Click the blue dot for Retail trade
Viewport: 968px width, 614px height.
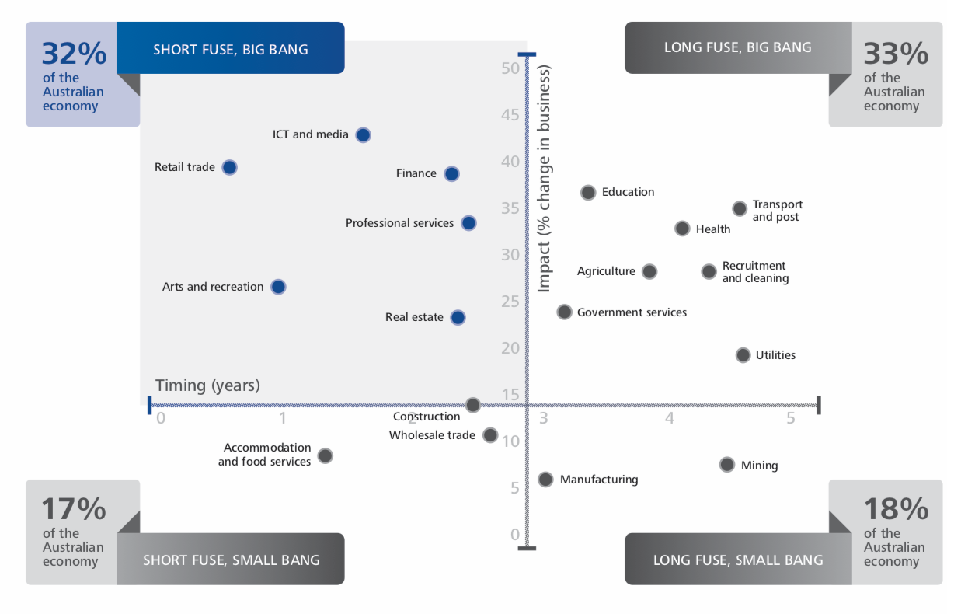coord(229,167)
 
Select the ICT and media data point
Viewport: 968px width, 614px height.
coord(363,134)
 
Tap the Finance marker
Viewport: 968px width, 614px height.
coord(451,173)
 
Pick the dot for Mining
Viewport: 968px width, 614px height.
coord(727,465)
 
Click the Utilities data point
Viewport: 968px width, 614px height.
coord(743,355)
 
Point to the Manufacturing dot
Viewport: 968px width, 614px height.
coord(545,480)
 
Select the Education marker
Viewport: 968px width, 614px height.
coord(588,192)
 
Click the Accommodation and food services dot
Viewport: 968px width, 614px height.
coord(326,455)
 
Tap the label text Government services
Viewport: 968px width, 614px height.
coord(632,312)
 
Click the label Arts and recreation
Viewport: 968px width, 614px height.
coord(213,287)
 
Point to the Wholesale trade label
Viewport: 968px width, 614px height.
coord(432,435)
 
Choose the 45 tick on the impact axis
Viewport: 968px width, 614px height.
coord(510,115)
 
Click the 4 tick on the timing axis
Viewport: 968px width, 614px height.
coord(670,418)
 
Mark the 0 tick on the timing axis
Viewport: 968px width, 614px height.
coord(161,418)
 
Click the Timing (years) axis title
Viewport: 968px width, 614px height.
coord(207,385)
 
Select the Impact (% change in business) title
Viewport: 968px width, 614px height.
coord(544,179)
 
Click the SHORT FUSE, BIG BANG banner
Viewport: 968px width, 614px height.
coord(231,49)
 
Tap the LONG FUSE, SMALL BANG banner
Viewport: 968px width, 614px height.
coord(738,560)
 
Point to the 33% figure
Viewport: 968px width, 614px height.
coord(896,54)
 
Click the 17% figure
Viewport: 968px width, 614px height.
coord(73,509)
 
